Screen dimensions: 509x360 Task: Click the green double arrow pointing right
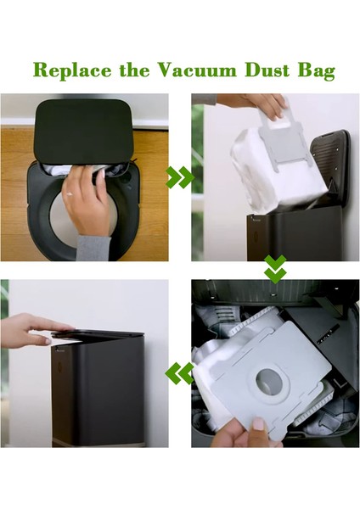click(179, 177)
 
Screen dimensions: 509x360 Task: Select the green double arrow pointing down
click(274, 270)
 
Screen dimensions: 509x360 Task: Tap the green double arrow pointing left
click(179, 372)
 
